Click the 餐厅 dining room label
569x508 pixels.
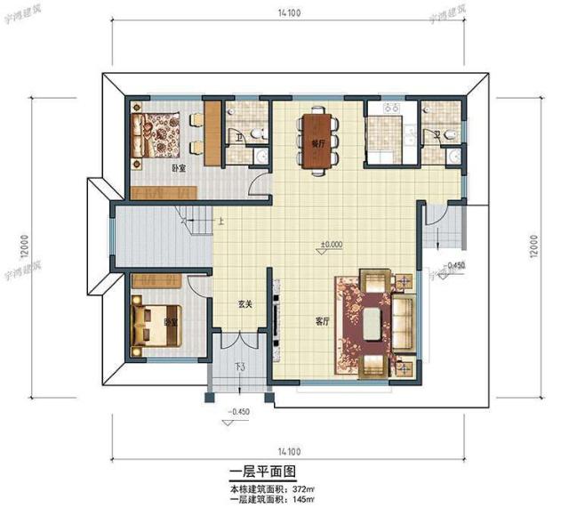click(x=316, y=142)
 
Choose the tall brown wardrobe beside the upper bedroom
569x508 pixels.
click(x=212, y=132)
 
